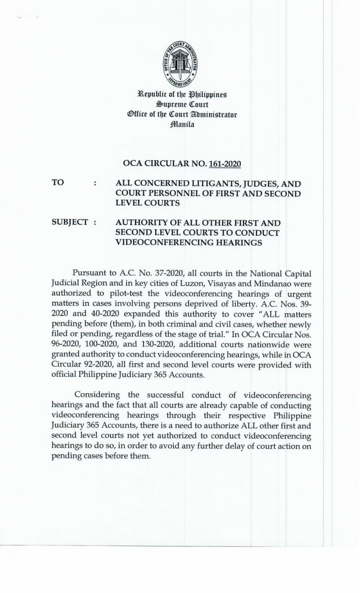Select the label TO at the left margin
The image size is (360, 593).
tap(58, 182)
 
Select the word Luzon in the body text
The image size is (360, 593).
tap(184, 284)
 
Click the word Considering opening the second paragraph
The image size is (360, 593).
tap(98, 395)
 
